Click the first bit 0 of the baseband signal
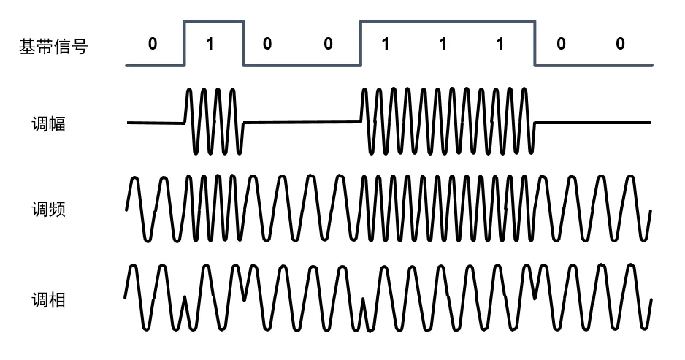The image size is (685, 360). (x=152, y=44)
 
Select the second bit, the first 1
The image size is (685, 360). (x=210, y=44)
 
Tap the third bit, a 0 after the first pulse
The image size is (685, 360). (x=267, y=44)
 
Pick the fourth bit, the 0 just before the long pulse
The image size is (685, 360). (x=328, y=44)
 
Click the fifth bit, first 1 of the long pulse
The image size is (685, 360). (x=385, y=44)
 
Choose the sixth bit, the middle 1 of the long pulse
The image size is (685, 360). (x=442, y=44)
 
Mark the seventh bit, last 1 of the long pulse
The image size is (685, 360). (x=500, y=44)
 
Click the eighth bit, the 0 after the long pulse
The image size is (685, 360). (x=560, y=44)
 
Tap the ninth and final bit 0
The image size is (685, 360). (x=620, y=44)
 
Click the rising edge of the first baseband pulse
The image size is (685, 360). (x=184, y=44)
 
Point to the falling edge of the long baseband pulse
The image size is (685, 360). (x=535, y=44)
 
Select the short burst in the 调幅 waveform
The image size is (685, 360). (x=213, y=121)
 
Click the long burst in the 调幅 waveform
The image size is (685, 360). (x=447, y=121)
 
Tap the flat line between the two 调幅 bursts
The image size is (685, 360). (x=301, y=123)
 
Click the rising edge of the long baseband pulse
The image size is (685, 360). (x=360, y=44)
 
